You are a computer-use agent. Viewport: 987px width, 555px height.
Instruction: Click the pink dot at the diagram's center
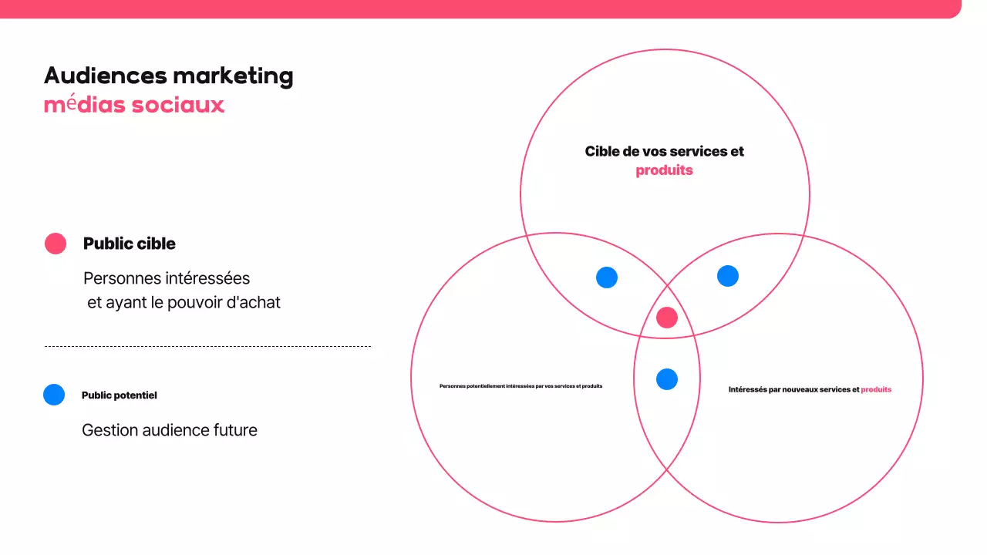[667, 318]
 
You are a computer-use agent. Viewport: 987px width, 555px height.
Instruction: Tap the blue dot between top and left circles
[607, 277]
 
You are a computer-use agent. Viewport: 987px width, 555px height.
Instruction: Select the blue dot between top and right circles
[728, 276]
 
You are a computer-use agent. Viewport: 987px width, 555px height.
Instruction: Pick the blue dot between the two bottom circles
[667, 379]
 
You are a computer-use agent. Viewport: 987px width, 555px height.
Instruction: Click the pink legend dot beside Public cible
[56, 244]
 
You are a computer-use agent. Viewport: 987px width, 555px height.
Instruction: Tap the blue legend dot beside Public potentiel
[54, 395]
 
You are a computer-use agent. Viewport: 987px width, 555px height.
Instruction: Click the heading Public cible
[130, 244]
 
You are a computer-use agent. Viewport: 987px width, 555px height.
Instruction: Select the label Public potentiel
[120, 395]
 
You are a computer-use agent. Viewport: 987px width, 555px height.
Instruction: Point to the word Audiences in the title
[105, 76]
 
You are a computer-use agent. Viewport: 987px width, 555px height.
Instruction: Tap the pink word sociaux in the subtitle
[178, 105]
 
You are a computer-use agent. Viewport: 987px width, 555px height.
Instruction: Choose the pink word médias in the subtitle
[84, 105]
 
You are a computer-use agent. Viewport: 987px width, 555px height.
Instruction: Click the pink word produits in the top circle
[664, 170]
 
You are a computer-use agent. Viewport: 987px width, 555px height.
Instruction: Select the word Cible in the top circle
[602, 152]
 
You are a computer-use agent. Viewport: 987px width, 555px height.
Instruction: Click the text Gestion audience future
[170, 430]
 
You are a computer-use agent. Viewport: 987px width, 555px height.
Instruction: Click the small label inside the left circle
[520, 385]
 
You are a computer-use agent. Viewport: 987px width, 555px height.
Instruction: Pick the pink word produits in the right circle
[876, 390]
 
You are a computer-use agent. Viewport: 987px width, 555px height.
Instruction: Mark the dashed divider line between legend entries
[207, 347]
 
